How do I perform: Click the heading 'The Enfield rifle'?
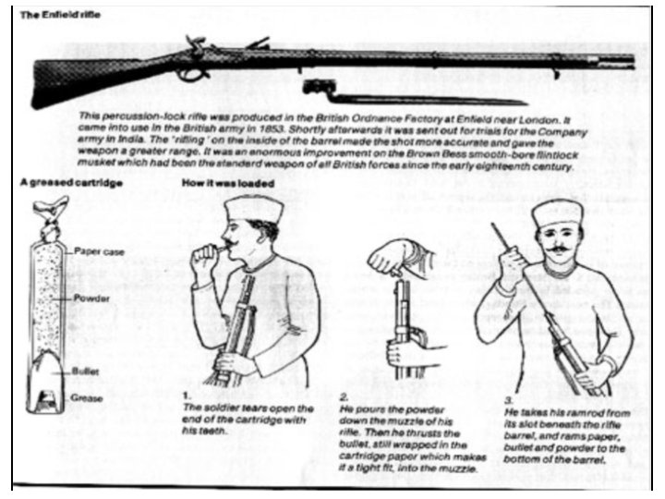(60, 17)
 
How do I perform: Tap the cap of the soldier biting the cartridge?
(245, 207)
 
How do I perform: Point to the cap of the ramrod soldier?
(556, 213)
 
